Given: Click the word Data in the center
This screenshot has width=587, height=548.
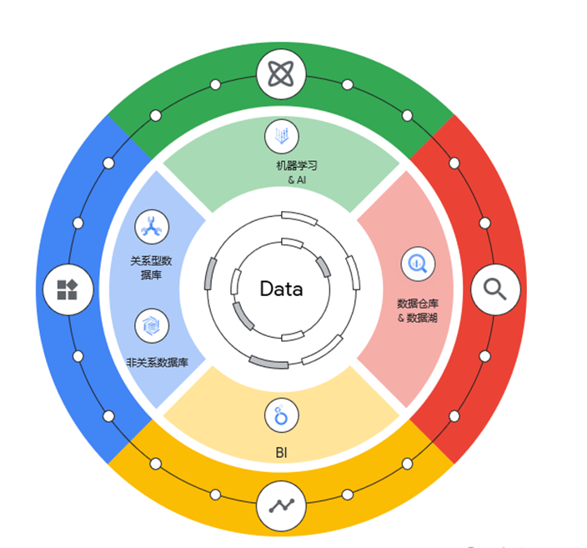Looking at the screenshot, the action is [x=281, y=289].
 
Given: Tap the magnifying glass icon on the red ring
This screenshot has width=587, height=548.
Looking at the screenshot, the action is [x=495, y=289].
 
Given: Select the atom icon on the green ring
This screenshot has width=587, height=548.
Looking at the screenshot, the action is [x=281, y=74].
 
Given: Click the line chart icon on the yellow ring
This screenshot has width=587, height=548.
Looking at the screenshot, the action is [x=281, y=506].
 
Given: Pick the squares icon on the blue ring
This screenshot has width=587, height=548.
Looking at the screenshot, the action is [x=68, y=289].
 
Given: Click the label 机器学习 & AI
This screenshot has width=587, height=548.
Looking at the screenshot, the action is [x=297, y=173].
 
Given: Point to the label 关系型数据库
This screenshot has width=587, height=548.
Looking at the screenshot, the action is [x=151, y=268].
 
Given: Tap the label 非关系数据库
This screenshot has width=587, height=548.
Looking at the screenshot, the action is [x=158, y=363].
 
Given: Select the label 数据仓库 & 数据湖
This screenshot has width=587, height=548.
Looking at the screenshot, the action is [x=418, y=310].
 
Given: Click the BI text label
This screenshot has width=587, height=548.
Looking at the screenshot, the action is [x=281, y=453].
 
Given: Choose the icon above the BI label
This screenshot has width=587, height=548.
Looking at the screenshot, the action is [x=282, y=415].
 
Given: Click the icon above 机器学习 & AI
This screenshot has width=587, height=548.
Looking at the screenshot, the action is [x=282, y=136].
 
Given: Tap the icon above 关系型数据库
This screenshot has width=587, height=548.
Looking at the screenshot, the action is [x=152, y=227].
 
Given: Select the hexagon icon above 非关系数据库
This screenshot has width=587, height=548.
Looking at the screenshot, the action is [x=152, y=325].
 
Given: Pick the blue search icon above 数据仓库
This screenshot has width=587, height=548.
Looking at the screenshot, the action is [x=418, y=264].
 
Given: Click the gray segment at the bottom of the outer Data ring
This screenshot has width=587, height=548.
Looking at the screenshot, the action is [x=268, y=363].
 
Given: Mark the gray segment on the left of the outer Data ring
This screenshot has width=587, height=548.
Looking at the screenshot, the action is [x=210, y=274].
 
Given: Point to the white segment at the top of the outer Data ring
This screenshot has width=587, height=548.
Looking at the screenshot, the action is [x=299, y=219].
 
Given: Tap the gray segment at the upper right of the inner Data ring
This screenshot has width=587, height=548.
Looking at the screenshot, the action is [x=324, y=267].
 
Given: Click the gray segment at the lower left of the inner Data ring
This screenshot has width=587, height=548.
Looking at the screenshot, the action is [x=243, y=316].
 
